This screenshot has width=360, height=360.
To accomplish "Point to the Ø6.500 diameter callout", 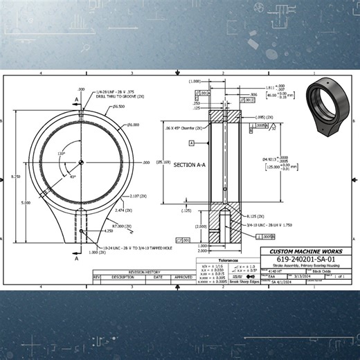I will coord(118,107).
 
